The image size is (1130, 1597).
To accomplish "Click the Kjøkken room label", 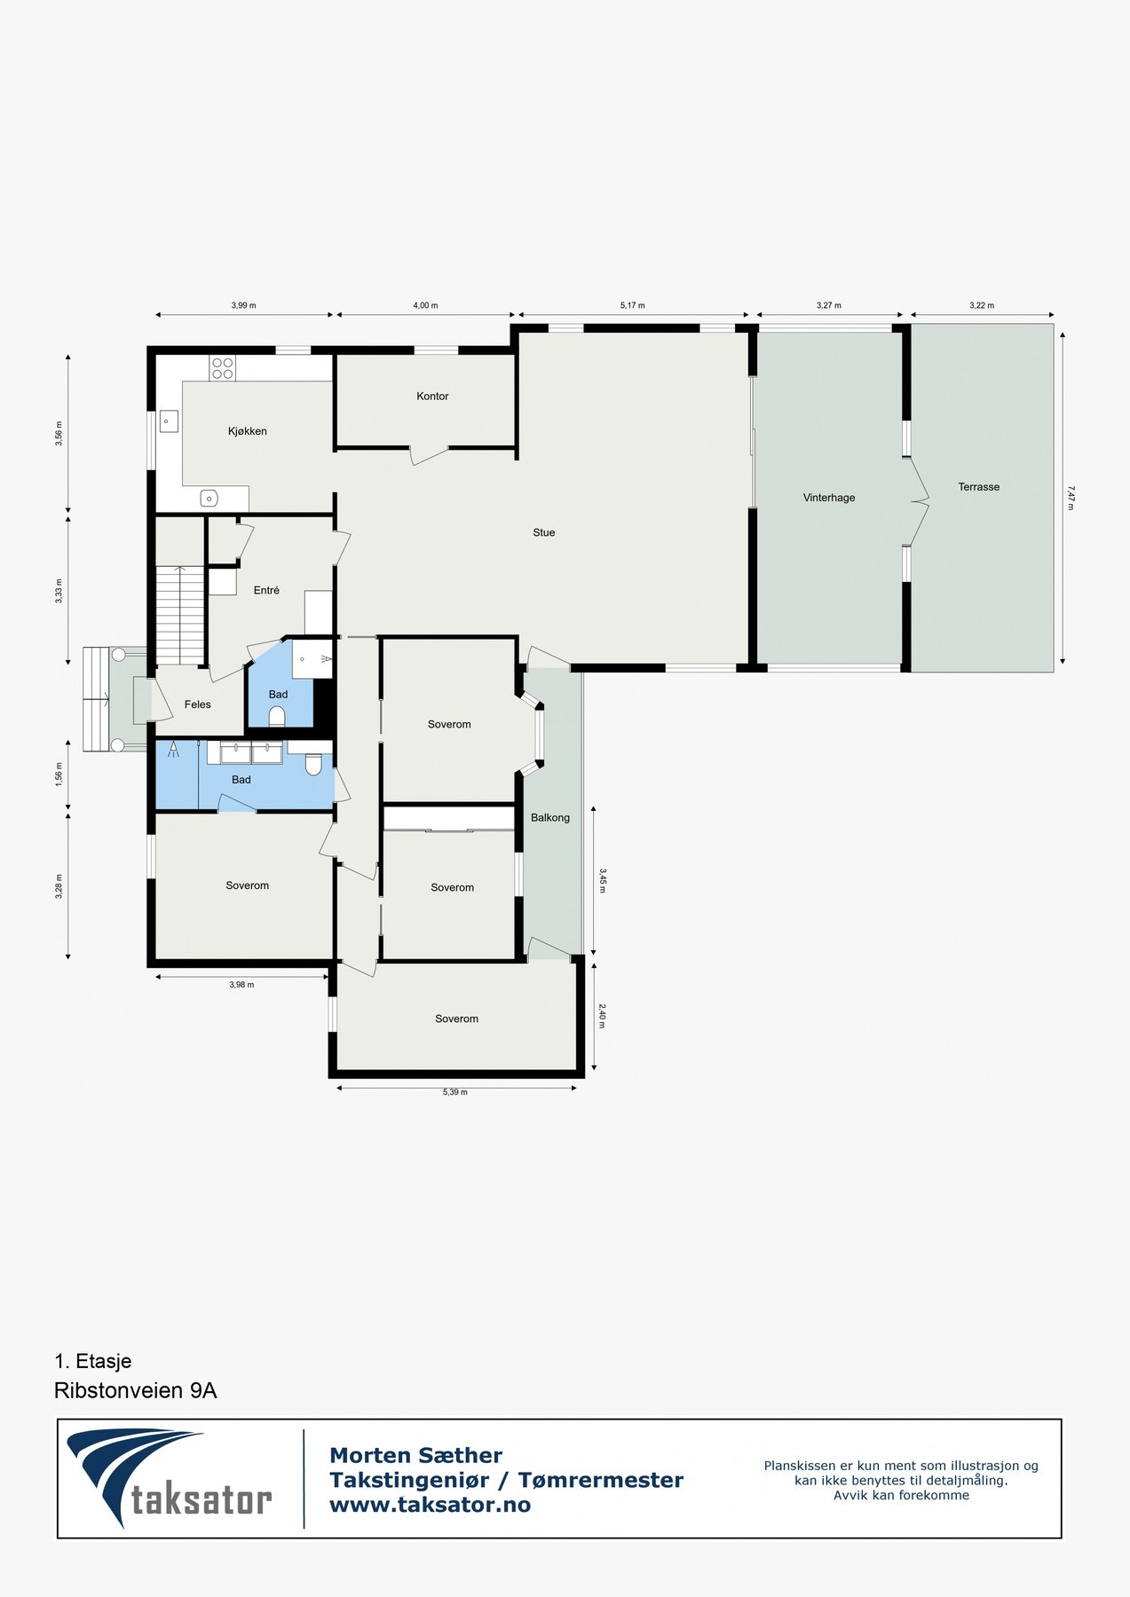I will tap(247, 431).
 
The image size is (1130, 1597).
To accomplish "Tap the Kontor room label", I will tap(432, 396).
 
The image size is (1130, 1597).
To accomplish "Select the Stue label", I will tap(543, 532).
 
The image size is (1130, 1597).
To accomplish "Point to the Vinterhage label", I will tap(829, 498).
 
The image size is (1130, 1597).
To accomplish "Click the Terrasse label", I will tap(978, 487).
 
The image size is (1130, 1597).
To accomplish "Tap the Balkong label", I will tap(550, 817).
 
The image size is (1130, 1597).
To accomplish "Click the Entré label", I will tap(266, 590).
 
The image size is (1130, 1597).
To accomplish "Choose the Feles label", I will tap(197, 704).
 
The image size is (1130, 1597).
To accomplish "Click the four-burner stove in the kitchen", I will tap(222, 368).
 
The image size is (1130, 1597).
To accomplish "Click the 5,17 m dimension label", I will tap(632, 305).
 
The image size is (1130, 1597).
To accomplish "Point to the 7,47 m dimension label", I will tap(1071, 497).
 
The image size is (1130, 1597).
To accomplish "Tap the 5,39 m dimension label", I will tap(454, 1092).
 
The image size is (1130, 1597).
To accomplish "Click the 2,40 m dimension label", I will tap(602, 1016).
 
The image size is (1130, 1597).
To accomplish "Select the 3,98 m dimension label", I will tap(241, 985).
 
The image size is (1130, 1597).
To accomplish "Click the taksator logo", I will tap(169, 1477).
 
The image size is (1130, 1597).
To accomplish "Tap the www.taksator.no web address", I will tap(430, 1505).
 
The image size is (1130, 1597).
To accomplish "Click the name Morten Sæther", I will tap(415, 1455).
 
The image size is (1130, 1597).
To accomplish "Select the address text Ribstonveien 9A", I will tap(135, 1390).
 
